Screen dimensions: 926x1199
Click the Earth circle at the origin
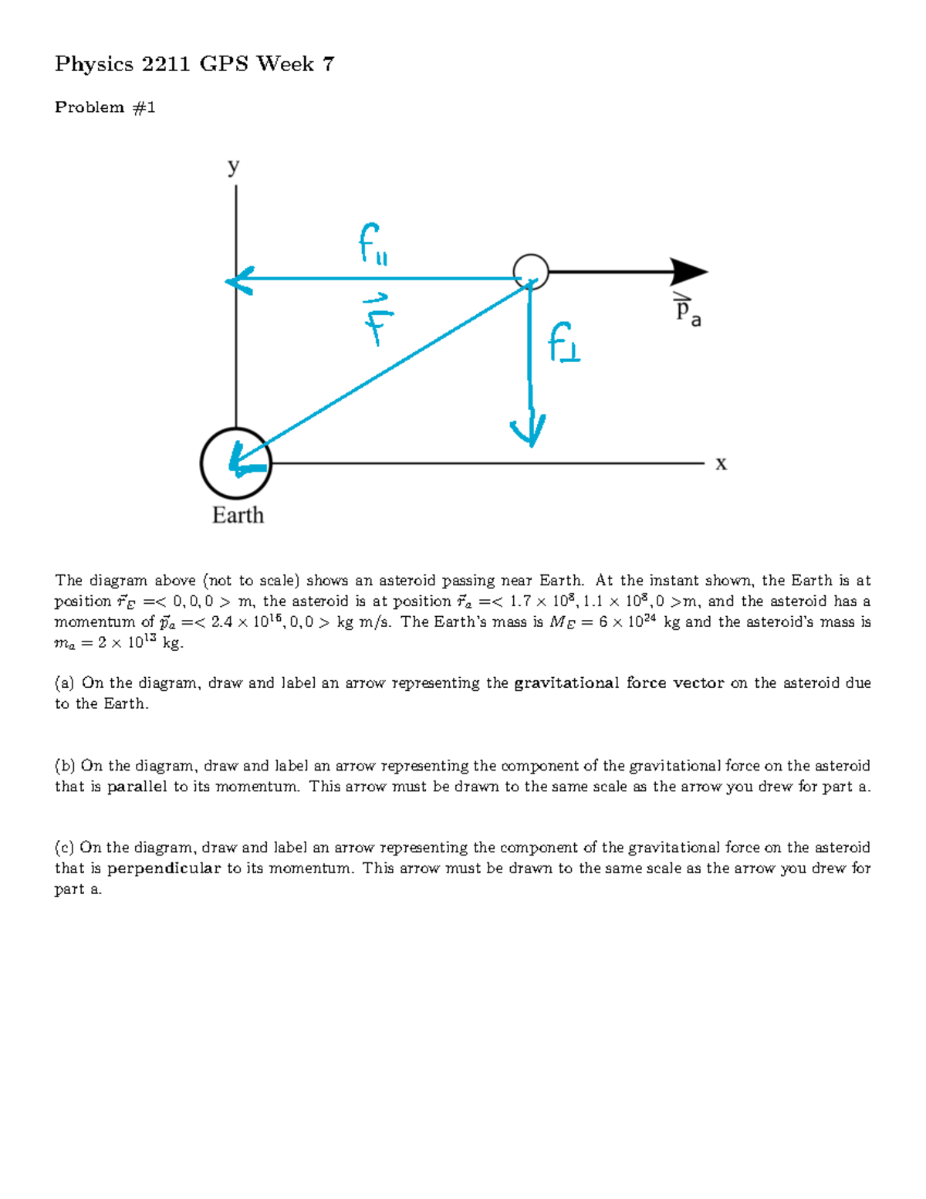(x=235, y=463)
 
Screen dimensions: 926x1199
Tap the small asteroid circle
(x=531, y=272)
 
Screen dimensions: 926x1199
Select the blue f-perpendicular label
(x=564, y=344)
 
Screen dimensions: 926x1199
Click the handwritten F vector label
(x=377, y=319)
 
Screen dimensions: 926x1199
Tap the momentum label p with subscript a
(x=688, y=311)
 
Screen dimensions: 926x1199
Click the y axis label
(x=234, y=167)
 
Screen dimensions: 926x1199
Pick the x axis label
(x=721, y=463)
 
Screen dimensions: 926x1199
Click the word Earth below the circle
(x=238, y=515)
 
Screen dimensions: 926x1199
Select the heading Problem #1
(x=105, y=107)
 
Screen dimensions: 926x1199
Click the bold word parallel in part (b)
(x=137, y=787)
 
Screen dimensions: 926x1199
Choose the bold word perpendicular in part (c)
(x=164, y=869)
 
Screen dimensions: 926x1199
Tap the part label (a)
(x=64, y=683)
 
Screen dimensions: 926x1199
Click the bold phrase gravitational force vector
(x=619, y=683)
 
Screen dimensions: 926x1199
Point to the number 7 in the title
(x=329, y=64)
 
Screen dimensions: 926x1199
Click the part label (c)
(x=64, y=848)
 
